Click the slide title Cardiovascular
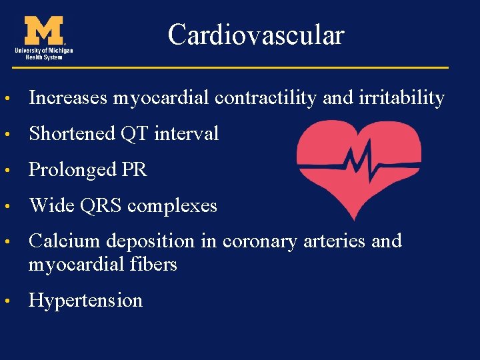tap(256, 34)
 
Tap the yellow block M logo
tap(45, 31)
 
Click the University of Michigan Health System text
tap(45, 53)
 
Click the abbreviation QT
tap(134, 134)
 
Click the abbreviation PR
tap(134, 170)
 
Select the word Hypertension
tap(85, 301)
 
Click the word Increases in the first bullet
tap(68, 98)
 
